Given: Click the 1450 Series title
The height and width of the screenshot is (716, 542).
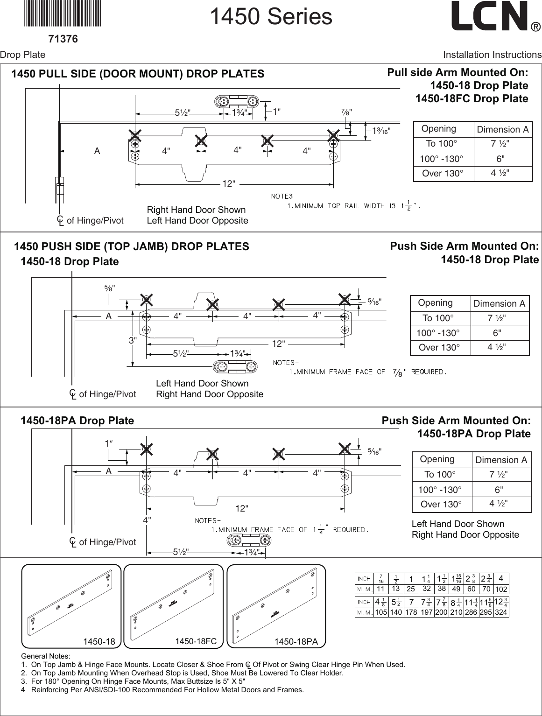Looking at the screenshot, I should [x=271, y=17].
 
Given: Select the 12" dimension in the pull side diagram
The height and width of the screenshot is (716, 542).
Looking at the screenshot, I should [x=228, y=184].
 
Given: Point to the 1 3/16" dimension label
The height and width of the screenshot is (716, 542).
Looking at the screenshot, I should [x=380, y=131].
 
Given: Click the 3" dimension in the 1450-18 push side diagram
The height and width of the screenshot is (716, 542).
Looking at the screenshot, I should [x=133, y=341].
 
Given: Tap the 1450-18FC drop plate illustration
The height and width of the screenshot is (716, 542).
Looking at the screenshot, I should [x=173, y=606].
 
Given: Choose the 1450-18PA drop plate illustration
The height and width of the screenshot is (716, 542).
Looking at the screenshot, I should [x=276, y=606].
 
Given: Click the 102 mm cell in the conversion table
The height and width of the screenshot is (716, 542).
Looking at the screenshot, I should [x=501, y=589].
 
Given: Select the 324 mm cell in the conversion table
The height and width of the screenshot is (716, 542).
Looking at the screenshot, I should [x=501, y=612].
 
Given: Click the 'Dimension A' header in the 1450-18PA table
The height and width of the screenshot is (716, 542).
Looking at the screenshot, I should [x=501, y=460].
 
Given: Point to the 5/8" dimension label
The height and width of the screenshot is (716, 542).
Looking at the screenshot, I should [x=110, y=288].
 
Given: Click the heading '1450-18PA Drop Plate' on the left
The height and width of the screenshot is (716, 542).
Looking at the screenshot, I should [x=77, y=421].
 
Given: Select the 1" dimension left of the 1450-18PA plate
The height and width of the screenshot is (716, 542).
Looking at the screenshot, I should [x=109, y=443].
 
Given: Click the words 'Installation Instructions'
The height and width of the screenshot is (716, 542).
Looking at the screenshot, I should [x=492, y=55].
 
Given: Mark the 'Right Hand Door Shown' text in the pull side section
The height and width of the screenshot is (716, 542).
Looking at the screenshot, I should [x=196, y=210].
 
